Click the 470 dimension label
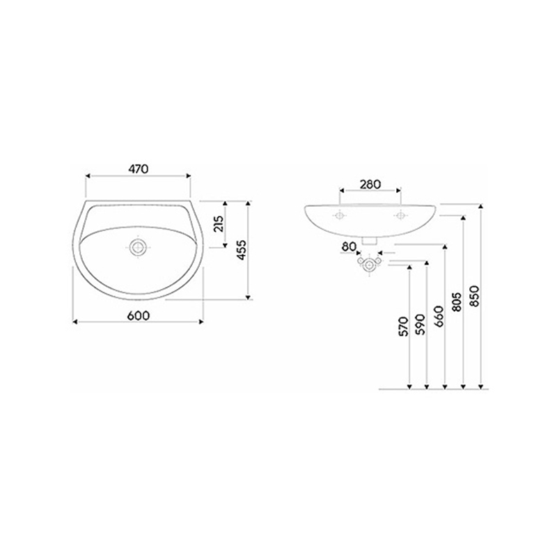coord(139,168)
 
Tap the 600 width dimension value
coord(139,315)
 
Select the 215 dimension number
coord(219,223)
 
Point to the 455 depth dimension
coord(241,251)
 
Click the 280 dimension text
coord(370,185)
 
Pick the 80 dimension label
coord(350,246)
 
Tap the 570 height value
coord(405,327)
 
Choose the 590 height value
coord(421,324)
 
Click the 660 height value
coord(439,316)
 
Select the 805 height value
coord(457,302)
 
